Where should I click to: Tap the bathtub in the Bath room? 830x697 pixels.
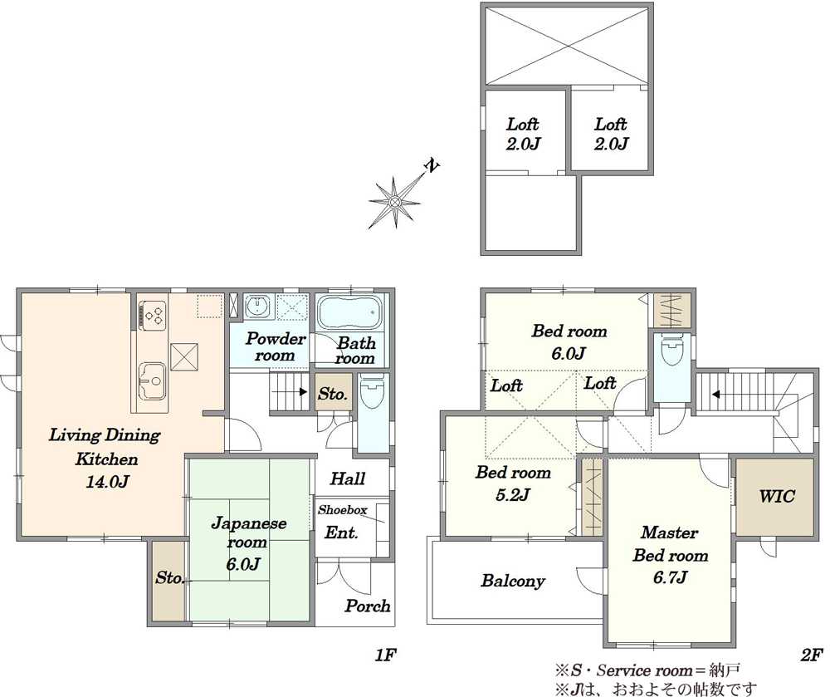349,313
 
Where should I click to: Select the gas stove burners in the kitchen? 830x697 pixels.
153,315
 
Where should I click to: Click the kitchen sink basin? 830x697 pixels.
152,380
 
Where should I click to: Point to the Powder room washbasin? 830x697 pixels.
258,306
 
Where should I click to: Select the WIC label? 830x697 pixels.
777,496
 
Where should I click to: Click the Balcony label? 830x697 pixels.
512,581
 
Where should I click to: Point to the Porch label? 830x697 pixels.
368,606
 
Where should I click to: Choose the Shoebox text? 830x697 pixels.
343,510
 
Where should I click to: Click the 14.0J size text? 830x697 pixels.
107,482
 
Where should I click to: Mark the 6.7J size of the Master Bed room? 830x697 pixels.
670,577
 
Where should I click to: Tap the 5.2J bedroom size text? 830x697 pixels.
513,494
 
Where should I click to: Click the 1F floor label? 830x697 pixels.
385,655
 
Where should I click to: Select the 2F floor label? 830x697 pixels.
811,655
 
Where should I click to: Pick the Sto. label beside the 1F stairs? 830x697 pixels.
333,394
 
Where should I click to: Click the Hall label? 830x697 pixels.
348,479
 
